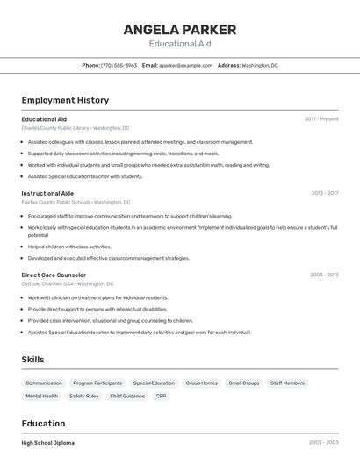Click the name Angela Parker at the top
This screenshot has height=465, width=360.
click(180, 29)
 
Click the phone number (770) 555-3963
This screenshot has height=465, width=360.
click(119, 65)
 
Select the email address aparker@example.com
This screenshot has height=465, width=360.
click(185, 65)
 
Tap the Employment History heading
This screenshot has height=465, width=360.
click(65, 100)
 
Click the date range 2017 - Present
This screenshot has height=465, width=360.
click(321, 119)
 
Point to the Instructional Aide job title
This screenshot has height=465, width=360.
click(47, 193)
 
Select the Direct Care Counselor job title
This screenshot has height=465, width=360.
click(54, 275)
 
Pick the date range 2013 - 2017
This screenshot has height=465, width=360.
click(324, 193)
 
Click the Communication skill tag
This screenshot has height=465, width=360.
click(44, 383)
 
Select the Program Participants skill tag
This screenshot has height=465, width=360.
click(97, 383)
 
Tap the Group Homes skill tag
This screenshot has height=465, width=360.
click(201, 383)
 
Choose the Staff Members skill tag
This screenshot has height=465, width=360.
click(287, 383)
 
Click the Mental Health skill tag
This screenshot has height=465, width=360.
click(42, 396)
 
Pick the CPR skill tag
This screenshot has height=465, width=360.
click(161, 396)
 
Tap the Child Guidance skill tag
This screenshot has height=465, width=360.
click(127, 396)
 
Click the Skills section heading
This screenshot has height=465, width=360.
click(32, 360)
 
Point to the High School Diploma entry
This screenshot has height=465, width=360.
click(47, 443)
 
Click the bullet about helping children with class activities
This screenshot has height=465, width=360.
click(69, 247)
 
